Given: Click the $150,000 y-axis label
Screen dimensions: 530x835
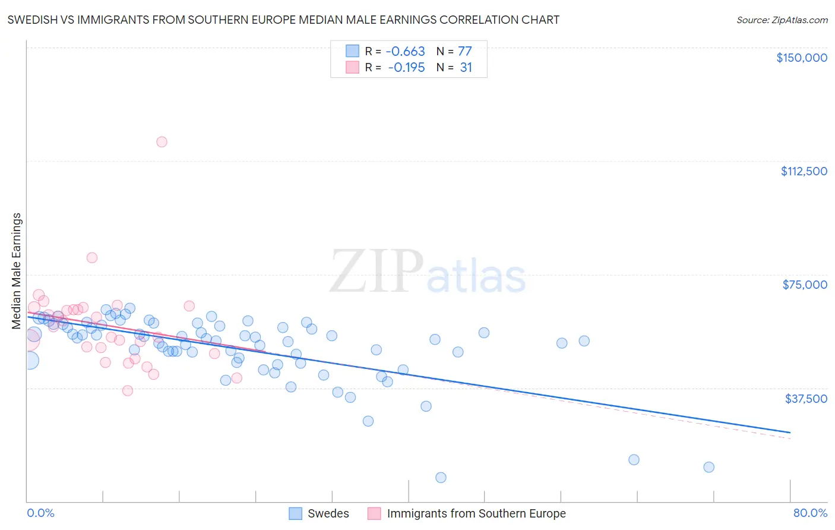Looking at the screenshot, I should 801,58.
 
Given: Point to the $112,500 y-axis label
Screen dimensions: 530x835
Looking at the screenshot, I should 804,171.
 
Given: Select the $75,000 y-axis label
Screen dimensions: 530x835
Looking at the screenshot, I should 804,285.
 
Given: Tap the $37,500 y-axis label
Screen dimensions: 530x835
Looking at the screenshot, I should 805,399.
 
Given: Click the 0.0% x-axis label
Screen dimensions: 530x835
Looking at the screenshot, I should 40,513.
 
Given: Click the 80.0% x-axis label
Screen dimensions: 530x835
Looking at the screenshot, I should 810,513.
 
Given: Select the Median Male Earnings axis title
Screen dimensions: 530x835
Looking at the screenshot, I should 17,271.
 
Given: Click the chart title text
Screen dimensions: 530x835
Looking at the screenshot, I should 283,20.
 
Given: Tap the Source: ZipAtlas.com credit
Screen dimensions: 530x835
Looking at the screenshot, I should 782,20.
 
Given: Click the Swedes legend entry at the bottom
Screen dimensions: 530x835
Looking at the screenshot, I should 328,514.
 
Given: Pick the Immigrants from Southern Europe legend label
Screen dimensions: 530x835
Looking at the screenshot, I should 476,514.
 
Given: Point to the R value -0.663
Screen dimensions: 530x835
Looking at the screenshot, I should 406,52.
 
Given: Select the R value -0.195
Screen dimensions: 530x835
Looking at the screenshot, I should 406,68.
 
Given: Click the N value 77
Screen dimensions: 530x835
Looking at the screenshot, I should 464,52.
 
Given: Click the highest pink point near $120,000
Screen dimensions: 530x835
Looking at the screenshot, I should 162,142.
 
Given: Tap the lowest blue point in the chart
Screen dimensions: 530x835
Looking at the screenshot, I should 441,478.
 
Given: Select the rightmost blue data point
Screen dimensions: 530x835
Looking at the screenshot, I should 709,467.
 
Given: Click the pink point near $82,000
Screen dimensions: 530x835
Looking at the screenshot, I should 92,258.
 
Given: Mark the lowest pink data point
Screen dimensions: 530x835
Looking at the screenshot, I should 127,391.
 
